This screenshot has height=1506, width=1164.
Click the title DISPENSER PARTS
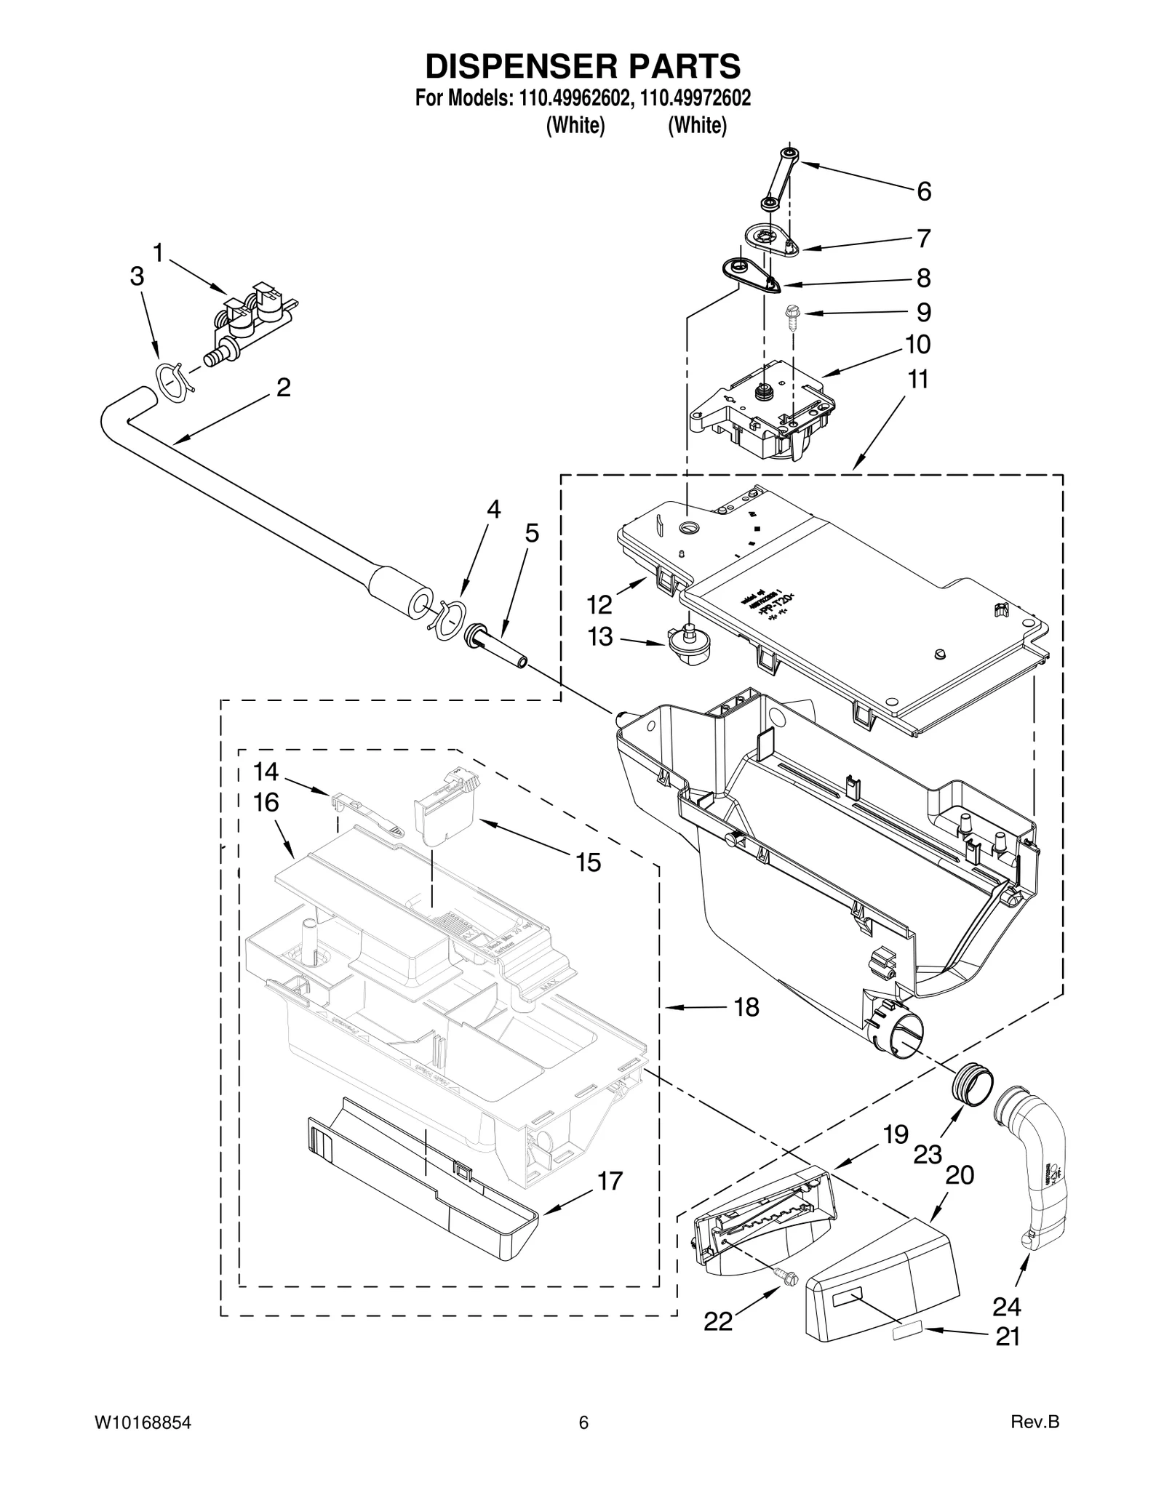pos(583,66)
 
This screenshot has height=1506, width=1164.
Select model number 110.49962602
pos(573,98)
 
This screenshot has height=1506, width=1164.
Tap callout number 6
pos(923,191)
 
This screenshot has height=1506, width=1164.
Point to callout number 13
pos(600,637)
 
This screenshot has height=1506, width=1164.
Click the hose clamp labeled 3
pos(172,380)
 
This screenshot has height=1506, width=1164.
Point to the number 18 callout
pos(746,1007)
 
